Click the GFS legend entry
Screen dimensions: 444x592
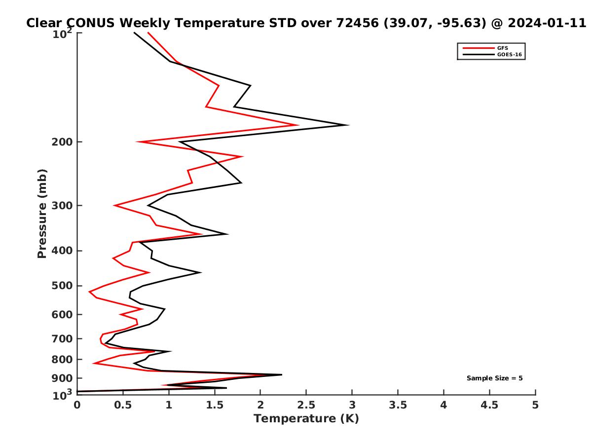(503, 48)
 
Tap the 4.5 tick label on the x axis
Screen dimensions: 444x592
(489, 405)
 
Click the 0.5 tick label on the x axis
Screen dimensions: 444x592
(123, 405)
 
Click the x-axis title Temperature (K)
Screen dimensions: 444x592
(306, 419)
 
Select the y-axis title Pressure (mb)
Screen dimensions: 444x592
(42, 213)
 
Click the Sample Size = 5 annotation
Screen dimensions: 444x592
(494, 378)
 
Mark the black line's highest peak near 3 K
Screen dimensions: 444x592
(349, 125)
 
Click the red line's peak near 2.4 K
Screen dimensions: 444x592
(298, 125)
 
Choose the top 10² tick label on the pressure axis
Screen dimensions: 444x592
(63, 34)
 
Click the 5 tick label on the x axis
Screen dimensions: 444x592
(535, 405)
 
